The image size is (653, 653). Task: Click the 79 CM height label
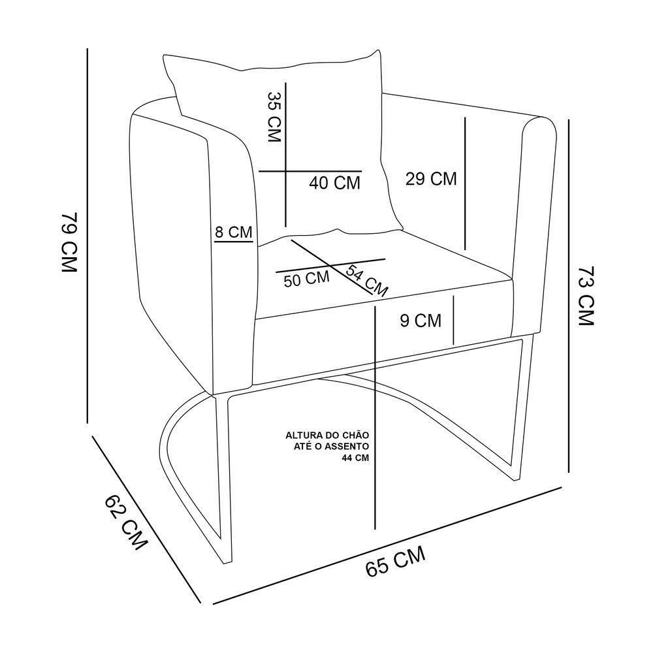(69, 242)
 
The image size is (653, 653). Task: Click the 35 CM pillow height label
(274, 117)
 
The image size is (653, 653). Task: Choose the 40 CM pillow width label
(334, 183)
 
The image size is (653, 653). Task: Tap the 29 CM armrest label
(431, 179)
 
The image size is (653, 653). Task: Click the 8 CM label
(234, 232)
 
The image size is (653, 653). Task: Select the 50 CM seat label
(306, 279)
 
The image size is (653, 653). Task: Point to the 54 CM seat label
(366, 280)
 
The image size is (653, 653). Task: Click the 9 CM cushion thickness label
(421, 321)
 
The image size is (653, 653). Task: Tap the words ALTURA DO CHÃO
(327, 436)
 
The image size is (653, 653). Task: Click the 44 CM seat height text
(355, 458)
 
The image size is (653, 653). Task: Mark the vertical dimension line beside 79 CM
(88, 236)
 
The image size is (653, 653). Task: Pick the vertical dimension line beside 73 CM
(569, 296)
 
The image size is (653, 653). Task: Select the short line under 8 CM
(234, 241)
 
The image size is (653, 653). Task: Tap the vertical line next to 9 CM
(454, 320)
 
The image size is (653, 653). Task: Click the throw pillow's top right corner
(379, 51)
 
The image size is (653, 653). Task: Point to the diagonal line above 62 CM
(146, 518)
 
